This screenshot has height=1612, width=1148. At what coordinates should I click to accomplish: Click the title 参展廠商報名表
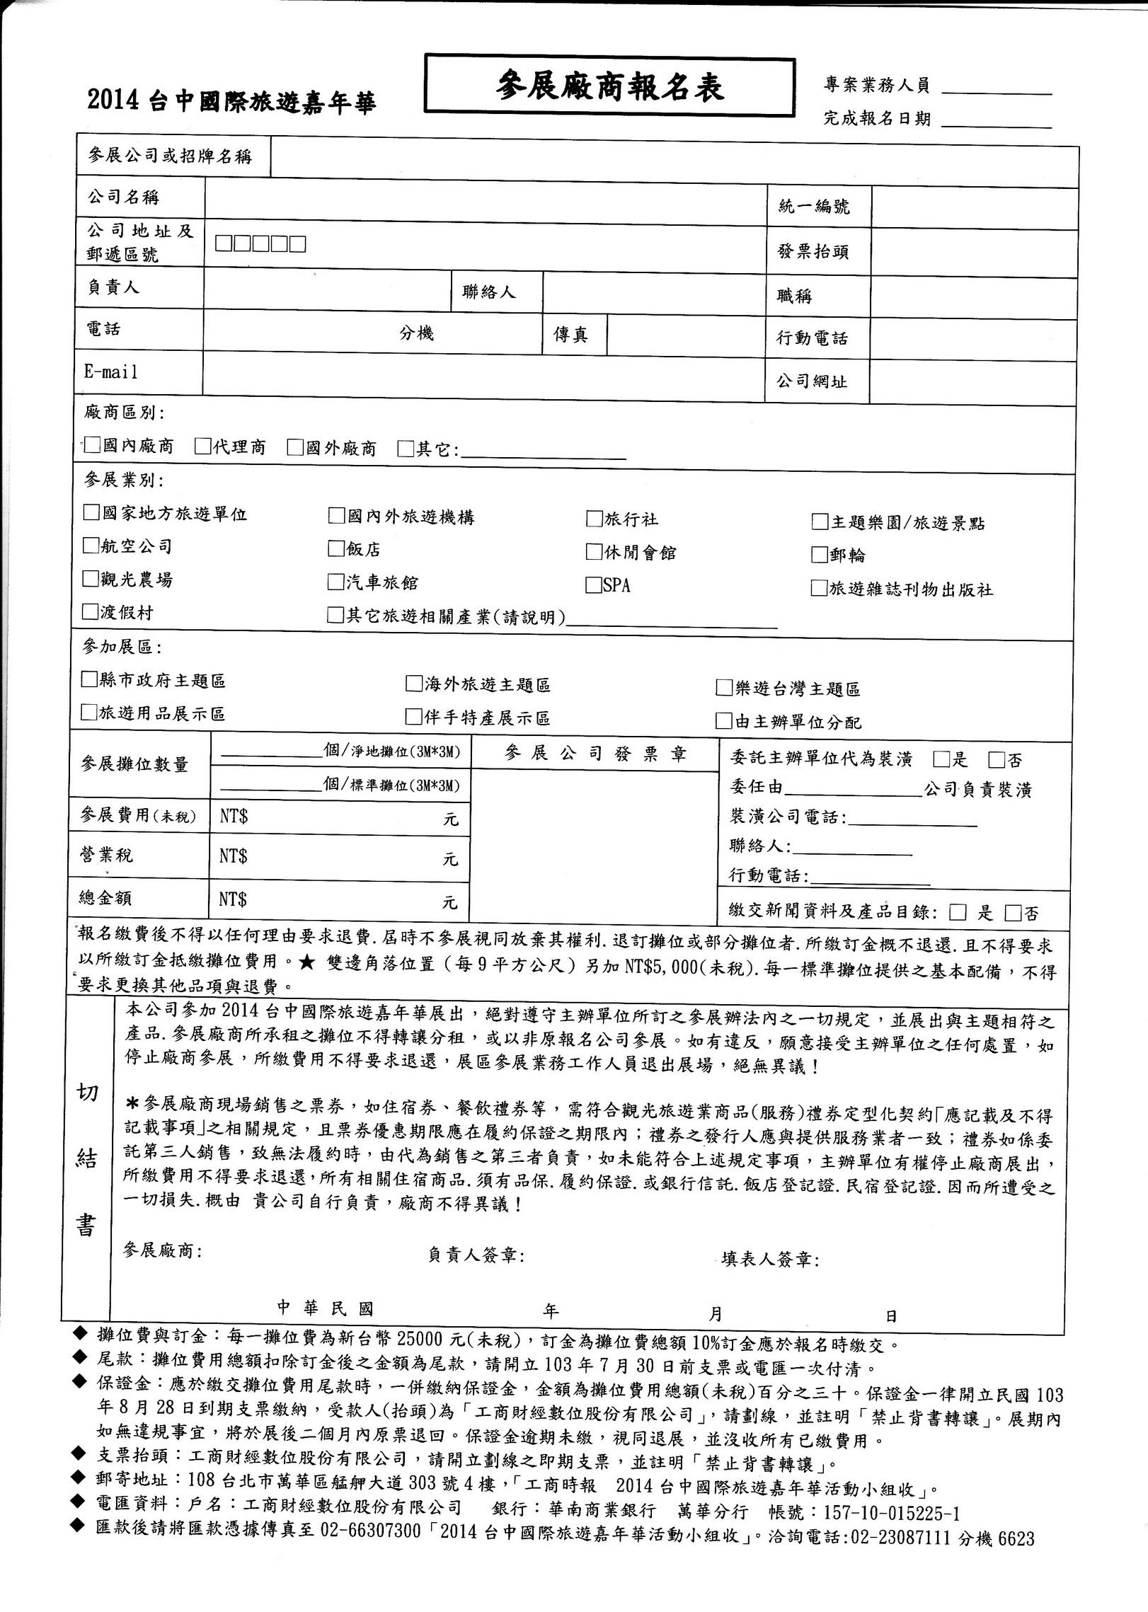click(x=609, y=88)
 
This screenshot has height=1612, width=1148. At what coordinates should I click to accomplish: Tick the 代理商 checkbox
click(x=203, y=446)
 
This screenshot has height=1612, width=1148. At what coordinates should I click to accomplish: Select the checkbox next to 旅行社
click(x=594, y=519)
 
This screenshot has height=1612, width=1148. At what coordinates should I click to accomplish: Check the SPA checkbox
click(x=593, y=585)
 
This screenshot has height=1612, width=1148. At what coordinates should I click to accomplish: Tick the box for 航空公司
click(x=91, y=545)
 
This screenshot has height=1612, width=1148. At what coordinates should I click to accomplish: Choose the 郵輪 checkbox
click(x=820, y=554)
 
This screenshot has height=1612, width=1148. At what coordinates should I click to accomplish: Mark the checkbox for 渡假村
click(x=90, y=611)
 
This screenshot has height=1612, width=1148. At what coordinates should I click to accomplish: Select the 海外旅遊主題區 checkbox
click(x=413, y=684)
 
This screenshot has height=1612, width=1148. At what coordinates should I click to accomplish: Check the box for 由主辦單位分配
click(x=723, y=721)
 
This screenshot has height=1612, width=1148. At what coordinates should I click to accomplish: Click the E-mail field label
click(x=111, y=372)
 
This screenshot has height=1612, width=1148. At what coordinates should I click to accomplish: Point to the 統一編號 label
click(x=813, y=207)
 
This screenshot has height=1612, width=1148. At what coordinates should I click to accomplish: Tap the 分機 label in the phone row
click(x=416, y=333)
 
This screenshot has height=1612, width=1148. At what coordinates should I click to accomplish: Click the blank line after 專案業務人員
click(x=997, y=91)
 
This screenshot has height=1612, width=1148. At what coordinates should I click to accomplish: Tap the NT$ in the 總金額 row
click(x=233, y=899)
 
